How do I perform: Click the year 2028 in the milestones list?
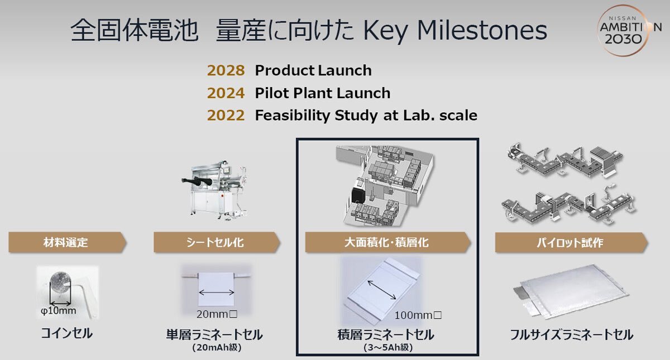pyautogui.click(x=226, y=70)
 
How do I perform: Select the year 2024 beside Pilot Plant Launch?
pyautogui.click(x=226, y=93)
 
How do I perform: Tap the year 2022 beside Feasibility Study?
pyautogui.click(x=226, y=116)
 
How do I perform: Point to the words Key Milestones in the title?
pyautogui.click(x=455, y=31)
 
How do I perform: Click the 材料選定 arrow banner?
pyautogui.click(x=68, y=242)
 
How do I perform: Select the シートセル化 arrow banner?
pyautogui.click(x=217, y=242)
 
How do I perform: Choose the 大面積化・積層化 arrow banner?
pyautogui.click(x=388, y=242)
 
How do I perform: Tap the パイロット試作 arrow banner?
pyautogui.click(x=571, y=242)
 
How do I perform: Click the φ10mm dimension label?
pyautogui.click(x=58, y=311)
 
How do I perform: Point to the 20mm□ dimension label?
pyautogui.click(x=217, y=314)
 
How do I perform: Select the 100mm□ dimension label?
pyautogui.click(x=418, y=315)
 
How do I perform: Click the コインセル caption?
pyautogui.click(x=66, y=333)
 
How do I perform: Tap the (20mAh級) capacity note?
pyautogui.click(x=217, y=347)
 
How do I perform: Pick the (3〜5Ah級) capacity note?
pyautogui.click(x=388, y=347)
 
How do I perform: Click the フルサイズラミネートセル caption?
pyautogui.click(x=571, y=334)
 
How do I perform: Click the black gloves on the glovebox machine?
pyautogui.click(x=197, y=181)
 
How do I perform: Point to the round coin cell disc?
pyautogui.click(x=60, y=282)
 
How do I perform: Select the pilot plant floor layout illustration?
pyautogui.click(x=385, y=185)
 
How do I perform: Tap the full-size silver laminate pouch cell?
pyautogui.click(x=571, y=291)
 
